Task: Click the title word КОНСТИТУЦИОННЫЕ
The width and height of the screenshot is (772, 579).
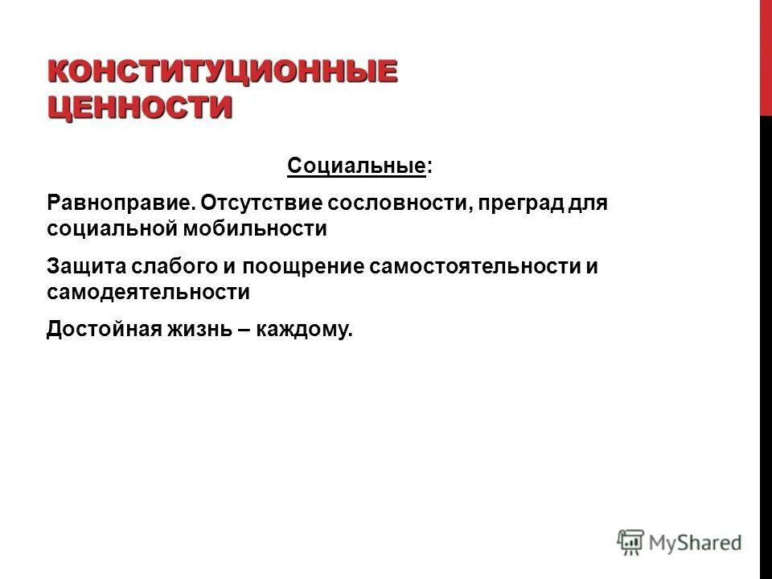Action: (223, 70)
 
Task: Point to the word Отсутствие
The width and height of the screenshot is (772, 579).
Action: (256, 200)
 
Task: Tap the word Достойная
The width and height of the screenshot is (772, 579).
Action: (101, 329)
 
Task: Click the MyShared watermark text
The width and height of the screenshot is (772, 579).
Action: (697, 543)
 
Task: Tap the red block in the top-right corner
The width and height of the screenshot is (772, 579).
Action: (766, 56)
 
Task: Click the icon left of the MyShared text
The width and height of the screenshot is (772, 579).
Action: (631, 543)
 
